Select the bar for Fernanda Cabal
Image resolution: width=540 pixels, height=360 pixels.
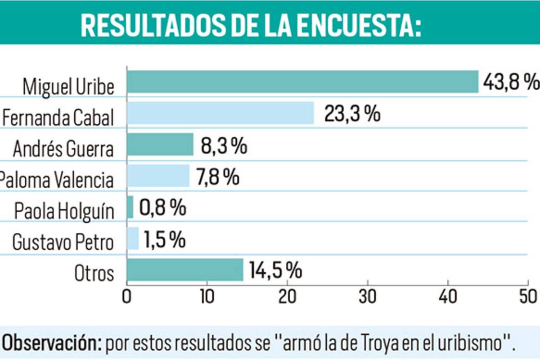pos(220,113)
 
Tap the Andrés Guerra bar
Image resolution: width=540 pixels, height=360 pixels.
pos(160,144)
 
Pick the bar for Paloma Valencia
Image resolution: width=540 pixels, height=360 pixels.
pos(158,175)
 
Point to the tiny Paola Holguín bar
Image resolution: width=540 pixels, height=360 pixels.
pos(130,207)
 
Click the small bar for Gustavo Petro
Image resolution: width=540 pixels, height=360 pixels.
pos(133,238)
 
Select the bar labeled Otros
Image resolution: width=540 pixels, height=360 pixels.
pos(185,270)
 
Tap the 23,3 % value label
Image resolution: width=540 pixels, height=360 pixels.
pos(352,114)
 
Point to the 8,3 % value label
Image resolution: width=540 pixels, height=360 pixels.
pos(224,146)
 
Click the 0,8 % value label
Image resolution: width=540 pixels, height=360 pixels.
pos(162,207)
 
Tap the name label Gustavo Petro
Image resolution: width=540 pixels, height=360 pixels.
pos(63,242)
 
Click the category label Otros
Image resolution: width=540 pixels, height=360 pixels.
pos(94,273)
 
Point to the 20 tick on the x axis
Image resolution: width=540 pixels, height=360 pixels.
pos(288,297)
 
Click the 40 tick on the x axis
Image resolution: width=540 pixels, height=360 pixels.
pos(448,297)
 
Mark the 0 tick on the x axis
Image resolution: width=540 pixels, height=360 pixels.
pos(127,297)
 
